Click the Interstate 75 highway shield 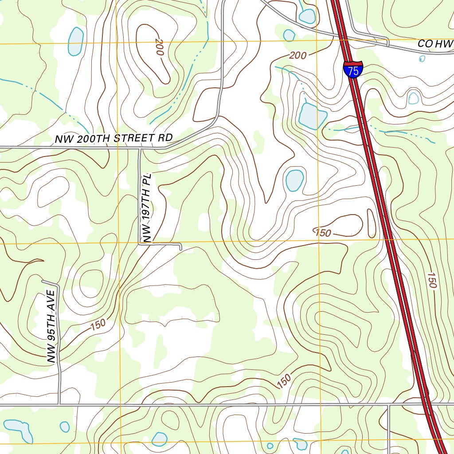[353, 70]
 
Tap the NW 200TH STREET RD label [113, 138]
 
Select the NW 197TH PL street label [147, 207]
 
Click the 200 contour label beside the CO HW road [298, 55]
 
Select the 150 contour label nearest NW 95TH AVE [98, 325]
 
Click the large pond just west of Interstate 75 [312, 116]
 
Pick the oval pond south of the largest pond [294, 180]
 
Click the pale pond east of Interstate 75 [413, 98]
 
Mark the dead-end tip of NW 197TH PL [181, 249]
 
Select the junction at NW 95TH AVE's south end [59, 404]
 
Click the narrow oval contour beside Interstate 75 [372, 223]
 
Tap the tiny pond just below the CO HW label [422, 59]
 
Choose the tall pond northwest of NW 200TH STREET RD [75, 41]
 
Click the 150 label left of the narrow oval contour [323, 232]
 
